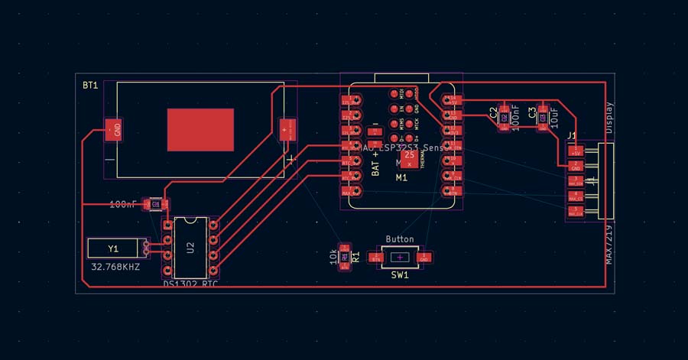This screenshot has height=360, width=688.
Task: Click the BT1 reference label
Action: (x=90, y=86)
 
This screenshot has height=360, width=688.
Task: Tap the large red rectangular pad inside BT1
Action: (x=200, y=129)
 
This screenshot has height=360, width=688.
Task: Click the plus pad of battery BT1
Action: (x=287, y=129)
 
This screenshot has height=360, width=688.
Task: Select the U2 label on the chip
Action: (x=190, y=247)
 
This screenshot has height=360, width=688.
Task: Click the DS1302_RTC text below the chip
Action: (x=190, y=284)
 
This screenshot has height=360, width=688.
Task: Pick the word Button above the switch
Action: (x=400, y=239)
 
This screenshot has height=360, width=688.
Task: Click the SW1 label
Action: (x=400, y=274)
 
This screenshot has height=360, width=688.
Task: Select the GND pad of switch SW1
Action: (x=425, y=258)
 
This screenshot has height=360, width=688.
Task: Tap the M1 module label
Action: (x=401, y=178)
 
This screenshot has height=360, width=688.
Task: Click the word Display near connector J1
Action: (x=609, y=118)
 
